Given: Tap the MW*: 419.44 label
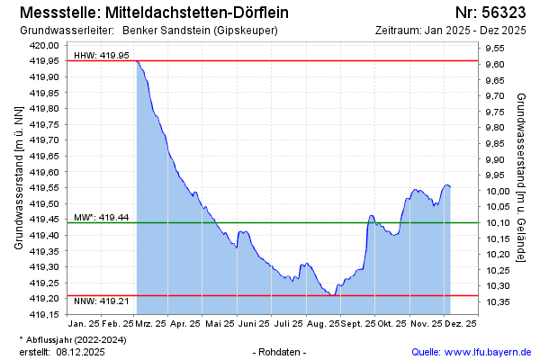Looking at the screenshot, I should (x=101, y=217).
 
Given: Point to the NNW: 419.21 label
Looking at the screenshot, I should (x=101, y=301).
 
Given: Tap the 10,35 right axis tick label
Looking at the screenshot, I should (x=499, y=301).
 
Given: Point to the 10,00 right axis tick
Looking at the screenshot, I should (x=499, y=191).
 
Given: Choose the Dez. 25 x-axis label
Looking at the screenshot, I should (x=461, y=323).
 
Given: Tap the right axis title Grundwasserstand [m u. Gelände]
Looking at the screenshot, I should (x=521, y=176).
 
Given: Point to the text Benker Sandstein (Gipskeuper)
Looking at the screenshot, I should (x=199, y=31).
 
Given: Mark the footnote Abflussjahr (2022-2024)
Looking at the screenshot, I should (x=77, y=339).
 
